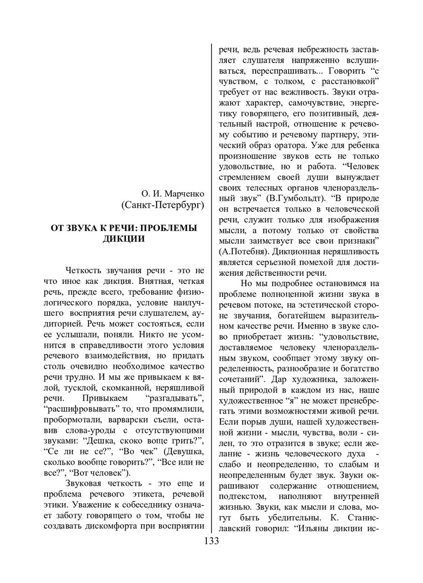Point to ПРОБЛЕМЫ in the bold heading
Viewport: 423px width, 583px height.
pyautogui.click(x=164, y=228)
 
